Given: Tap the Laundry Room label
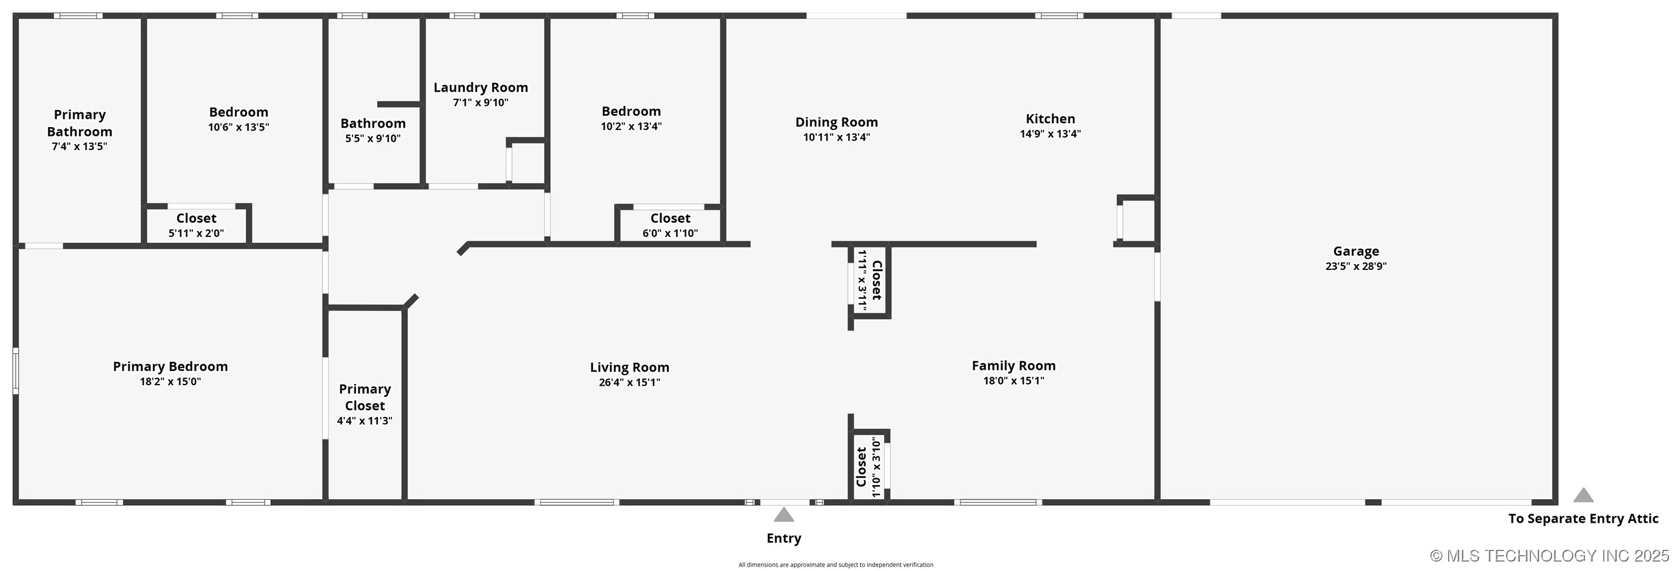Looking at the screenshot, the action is pos(480,87).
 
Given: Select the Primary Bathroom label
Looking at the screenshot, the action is pos(79,123).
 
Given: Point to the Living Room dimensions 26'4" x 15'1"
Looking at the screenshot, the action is pos(629,382).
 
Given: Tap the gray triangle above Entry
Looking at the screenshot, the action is pos(783,515).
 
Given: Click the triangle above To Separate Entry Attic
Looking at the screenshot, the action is pos(1583,495).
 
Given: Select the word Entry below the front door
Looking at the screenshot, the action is pos(783,538).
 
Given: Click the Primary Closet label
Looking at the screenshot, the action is pos(364,397).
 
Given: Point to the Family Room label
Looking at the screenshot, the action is pos(1013,366).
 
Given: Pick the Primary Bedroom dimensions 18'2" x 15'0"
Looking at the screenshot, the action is pos(170,381).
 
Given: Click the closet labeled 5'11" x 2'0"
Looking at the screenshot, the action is pos(196,225).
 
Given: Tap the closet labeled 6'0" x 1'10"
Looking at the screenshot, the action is pos(670,225).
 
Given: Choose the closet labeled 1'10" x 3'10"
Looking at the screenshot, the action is pos(868,467).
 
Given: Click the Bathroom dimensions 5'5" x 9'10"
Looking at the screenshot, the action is pos(373,138).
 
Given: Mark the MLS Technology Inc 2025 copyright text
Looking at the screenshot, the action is pos(1549,555).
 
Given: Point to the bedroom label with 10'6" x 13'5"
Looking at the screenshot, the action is pos(238,112).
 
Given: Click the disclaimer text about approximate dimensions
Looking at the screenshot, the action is pos(835,565).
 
